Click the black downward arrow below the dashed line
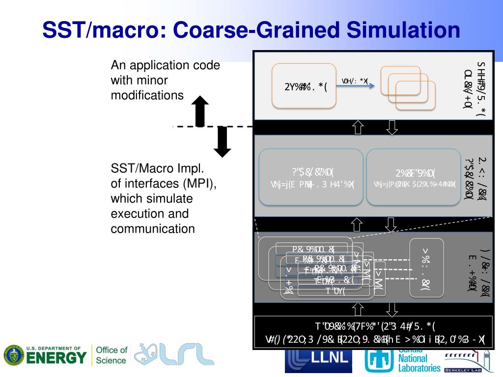coord(223,142)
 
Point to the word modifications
coord(147,95)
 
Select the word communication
coord(153,229)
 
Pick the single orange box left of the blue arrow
coord(304,86)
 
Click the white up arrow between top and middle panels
coord(358,127)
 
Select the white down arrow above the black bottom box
coord(392,309)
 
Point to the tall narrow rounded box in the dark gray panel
coord(426,268)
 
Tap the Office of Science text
coord(111,355)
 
